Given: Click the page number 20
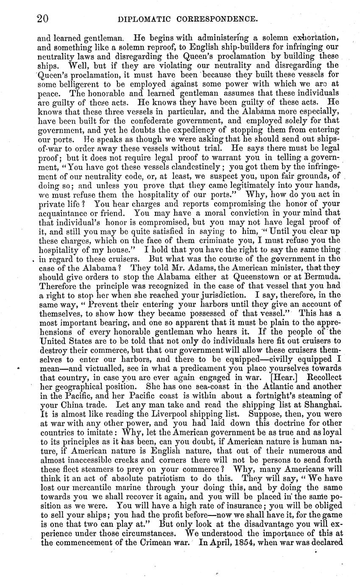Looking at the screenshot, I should pos(42,19).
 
